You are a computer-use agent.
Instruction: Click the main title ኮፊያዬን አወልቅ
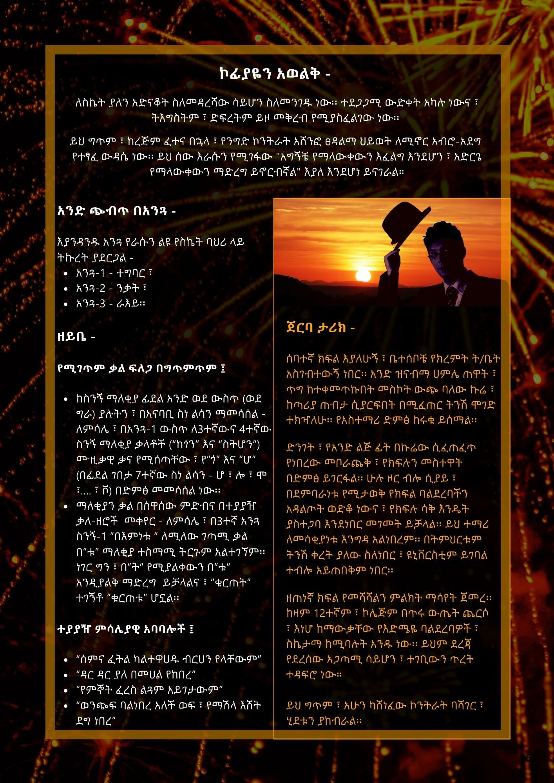coord(275,74)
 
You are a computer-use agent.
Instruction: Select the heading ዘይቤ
coord(76,337)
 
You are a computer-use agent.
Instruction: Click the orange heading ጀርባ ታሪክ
coord(320,328)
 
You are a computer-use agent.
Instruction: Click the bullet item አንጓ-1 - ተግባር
coord(114,273)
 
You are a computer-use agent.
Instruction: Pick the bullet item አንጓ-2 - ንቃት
coord(111,289)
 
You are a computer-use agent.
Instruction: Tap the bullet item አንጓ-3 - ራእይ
coord(110,304)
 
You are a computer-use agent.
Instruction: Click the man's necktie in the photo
coord(452,296)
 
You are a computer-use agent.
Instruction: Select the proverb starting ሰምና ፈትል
coord(169,659)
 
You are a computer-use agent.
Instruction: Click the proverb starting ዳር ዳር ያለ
coord(136,675)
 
